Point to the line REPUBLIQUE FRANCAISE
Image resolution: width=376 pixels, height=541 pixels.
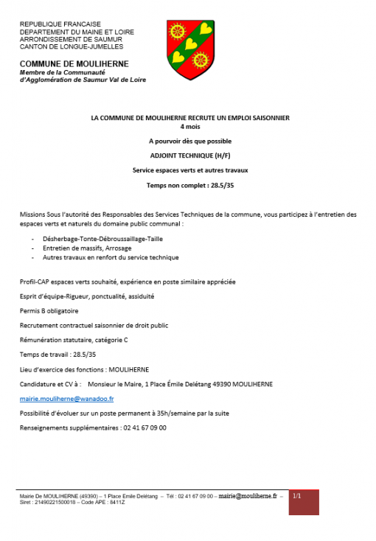coord(60,24)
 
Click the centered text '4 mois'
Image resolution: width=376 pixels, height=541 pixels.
coord(189,126)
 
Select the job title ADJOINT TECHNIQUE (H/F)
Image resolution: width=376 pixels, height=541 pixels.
coord(189,156)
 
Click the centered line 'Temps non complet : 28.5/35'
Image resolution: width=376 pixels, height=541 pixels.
coord(189,184)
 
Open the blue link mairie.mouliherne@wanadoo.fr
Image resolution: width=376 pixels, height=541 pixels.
coord(67,398)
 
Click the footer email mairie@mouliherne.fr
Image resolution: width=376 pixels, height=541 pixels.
coord(247,497)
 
